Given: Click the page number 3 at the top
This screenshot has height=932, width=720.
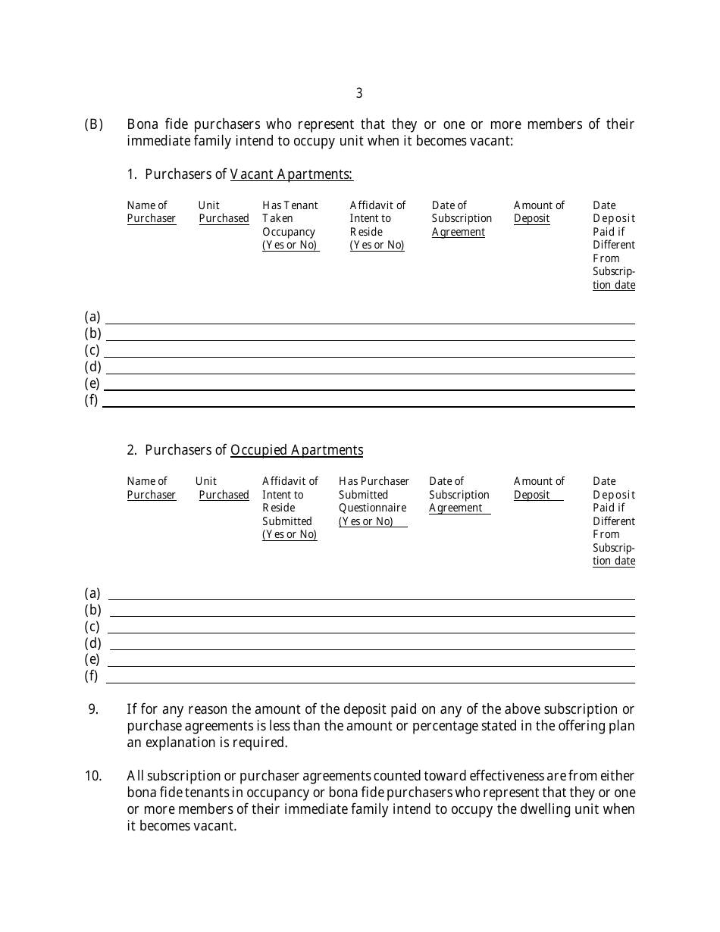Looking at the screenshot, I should coord(359,93).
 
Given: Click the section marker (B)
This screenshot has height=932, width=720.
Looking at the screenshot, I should coord(93,124).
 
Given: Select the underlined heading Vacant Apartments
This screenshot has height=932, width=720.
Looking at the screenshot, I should coord(291,174).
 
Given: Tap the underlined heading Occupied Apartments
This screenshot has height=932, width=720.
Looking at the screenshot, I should coord(296,450).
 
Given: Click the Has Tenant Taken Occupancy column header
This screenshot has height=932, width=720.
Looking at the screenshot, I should coord(290,225).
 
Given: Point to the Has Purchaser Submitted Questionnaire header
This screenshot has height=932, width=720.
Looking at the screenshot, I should coord(374,502).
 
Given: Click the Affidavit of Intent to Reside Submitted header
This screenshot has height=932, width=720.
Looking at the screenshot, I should coord(290,508).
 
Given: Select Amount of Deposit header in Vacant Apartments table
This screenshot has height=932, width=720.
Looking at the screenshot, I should coord(539,212).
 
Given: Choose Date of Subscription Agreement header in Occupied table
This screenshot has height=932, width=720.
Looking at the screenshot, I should coord(459,495).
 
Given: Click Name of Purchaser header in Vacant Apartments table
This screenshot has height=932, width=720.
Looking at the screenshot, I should coord(151,212).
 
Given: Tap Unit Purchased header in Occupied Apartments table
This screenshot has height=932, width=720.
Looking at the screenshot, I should coord(222,488).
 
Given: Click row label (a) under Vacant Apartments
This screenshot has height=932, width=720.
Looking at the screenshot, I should coord(92,317).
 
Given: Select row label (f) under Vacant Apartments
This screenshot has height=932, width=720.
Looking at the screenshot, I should coord(92,400).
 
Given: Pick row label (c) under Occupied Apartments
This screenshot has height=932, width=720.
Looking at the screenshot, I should coord(92,627).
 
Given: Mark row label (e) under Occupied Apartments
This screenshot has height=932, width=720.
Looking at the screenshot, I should coord(92,659).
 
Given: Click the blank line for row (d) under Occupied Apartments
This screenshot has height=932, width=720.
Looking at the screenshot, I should coord(371,649).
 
